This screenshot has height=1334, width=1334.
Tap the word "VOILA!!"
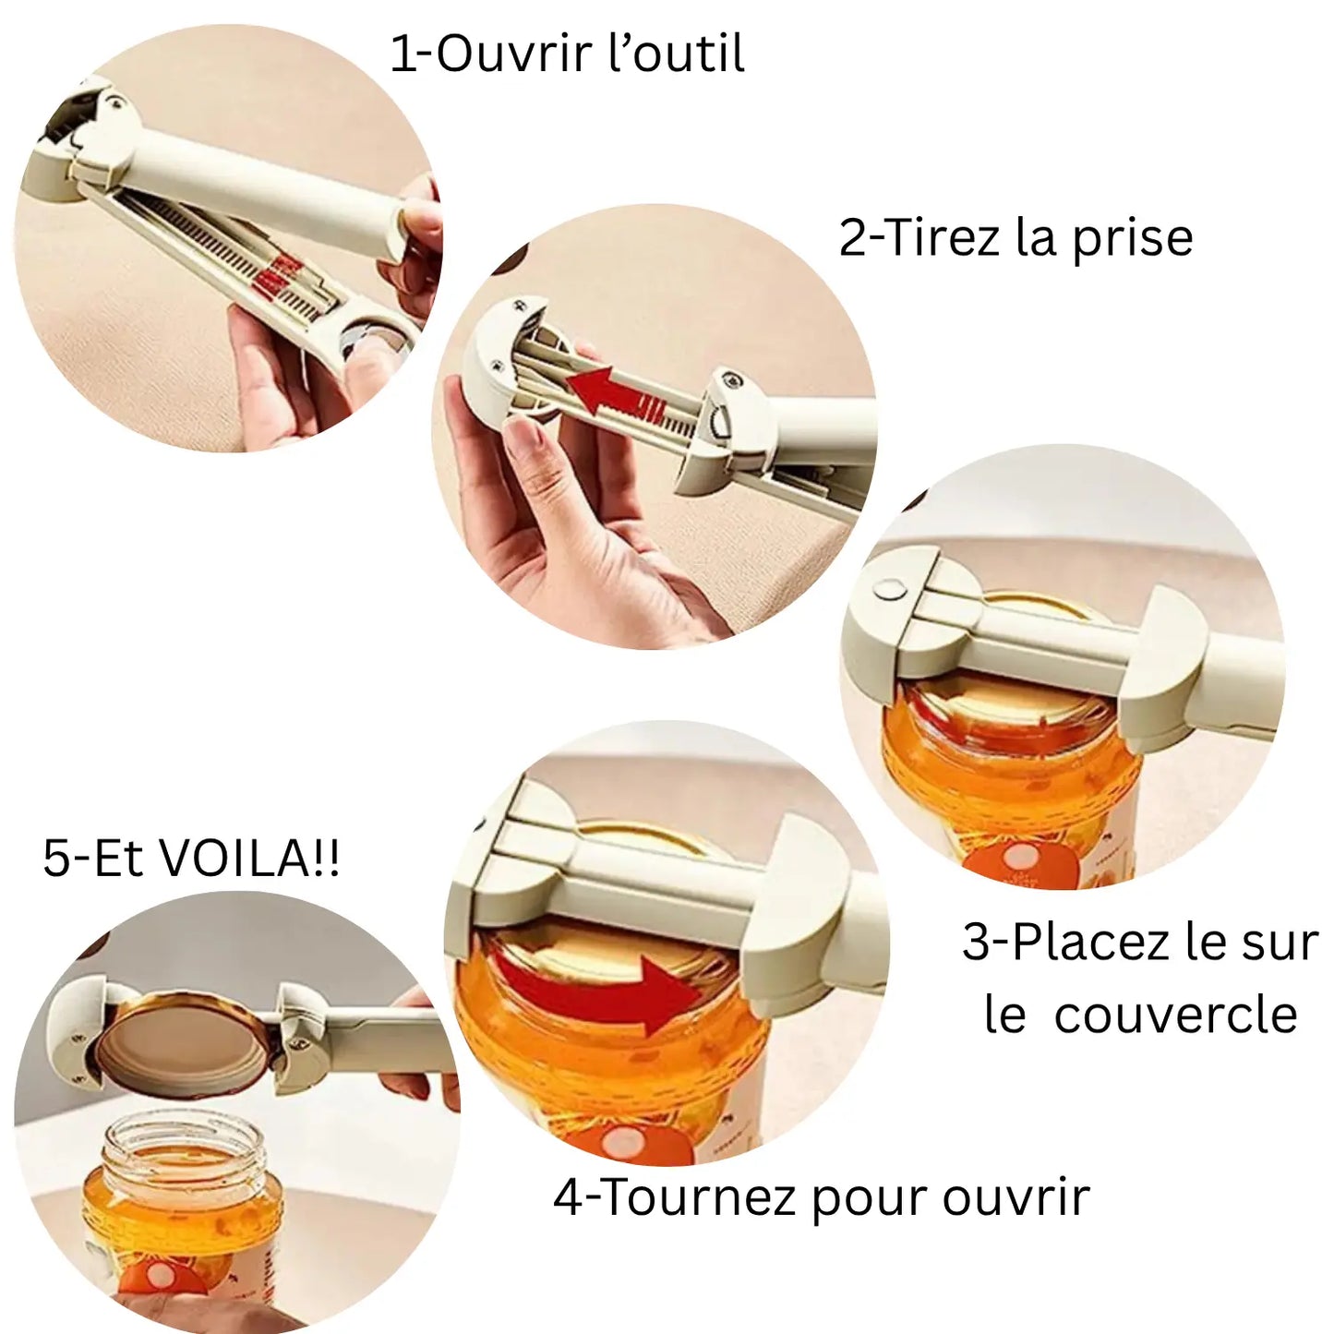[250, 858]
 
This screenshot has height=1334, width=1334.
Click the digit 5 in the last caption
[56, 859]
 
